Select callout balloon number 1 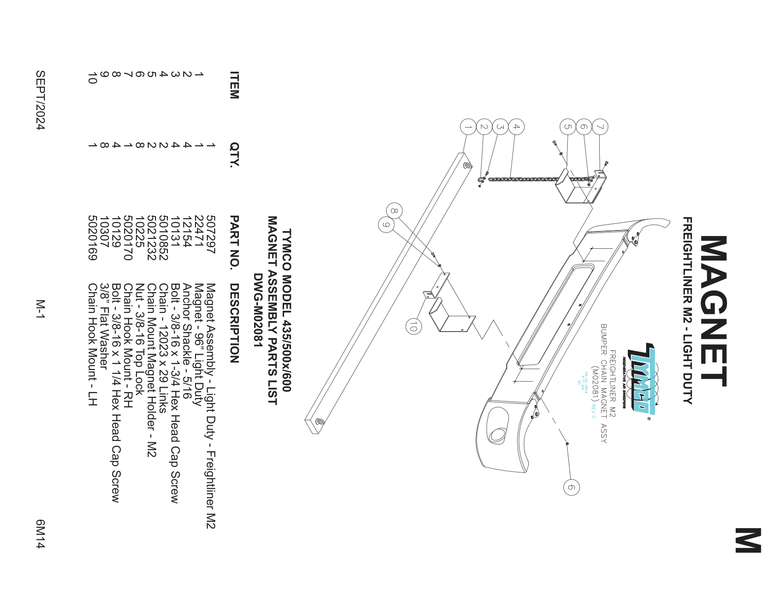pos(468,127)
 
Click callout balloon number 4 pos(516,127)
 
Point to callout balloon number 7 pos(600,127)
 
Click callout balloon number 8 pos(394,211)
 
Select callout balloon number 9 pos(387,225)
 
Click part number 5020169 pos(92,237)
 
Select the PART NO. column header pos(234,241)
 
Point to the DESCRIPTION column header pos(234,323)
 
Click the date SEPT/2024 pos(40,100)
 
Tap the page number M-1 pos(40,309)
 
